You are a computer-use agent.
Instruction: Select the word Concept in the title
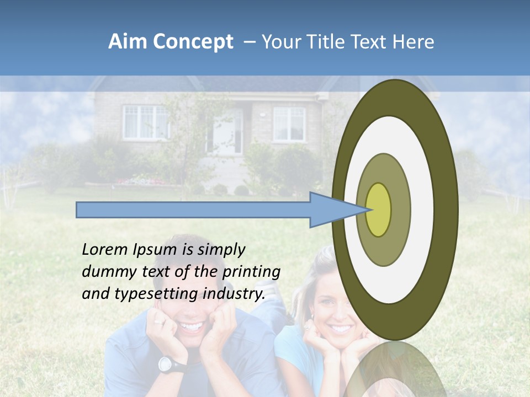point(193,42)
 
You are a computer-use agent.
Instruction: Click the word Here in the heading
point(412,42)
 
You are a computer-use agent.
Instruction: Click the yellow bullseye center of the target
point(379,210)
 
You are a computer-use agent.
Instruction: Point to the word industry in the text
point(234,294)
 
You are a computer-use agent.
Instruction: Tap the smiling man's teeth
point(191,327)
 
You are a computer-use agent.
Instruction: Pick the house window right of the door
point(289,124)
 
